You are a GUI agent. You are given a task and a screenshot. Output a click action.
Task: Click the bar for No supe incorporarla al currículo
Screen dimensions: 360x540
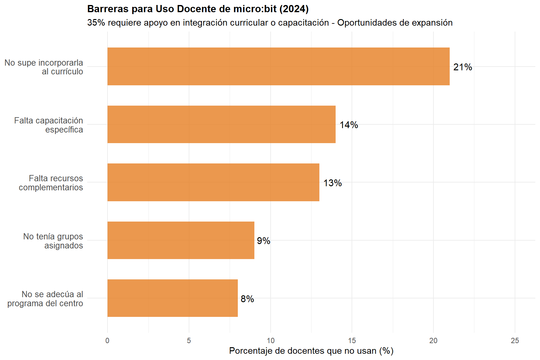coord(278,66)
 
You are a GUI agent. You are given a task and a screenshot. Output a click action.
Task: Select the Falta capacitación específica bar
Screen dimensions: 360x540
coord(221,124)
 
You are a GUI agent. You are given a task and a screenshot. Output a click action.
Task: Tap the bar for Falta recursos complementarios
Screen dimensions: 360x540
coord(213,182)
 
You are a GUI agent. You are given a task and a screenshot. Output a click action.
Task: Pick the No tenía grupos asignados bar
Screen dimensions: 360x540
coord(181,240)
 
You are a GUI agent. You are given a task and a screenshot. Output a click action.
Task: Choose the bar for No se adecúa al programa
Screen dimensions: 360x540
coord(172,298)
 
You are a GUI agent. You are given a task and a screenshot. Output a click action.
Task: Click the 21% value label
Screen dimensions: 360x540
coord(462,67)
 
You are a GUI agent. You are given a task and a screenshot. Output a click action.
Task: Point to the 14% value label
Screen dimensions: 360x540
coord(349,125)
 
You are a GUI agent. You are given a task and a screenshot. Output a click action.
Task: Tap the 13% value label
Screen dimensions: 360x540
coord(332,183)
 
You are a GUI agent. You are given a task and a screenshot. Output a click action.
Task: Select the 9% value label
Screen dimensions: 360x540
coord(263,241)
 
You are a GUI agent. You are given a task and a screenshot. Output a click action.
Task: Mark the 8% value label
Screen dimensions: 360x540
coord(247,299)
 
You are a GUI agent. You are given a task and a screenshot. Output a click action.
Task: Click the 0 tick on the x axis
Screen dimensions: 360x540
coord(107,341)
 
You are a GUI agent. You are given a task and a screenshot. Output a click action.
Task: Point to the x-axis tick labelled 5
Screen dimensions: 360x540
coord(189,341)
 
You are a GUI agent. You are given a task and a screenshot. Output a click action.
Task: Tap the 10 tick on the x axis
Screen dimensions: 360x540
coord(270,341)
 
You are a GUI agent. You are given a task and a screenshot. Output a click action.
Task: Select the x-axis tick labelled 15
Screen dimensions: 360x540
coord(352,341)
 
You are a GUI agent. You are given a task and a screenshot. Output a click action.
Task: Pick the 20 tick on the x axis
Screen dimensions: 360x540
coord(433,341)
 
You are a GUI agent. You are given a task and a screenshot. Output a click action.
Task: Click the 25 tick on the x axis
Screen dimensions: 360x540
coord(515,341)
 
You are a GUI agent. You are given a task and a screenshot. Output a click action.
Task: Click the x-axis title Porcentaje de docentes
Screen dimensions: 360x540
coord(311,351)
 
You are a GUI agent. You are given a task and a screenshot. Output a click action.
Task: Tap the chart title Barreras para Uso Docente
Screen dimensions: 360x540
coord(198,9)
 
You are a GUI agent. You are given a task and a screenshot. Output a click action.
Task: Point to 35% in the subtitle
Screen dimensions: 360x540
coord(96,23)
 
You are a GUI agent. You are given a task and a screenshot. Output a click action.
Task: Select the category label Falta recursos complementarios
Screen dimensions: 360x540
coord(51,183)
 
